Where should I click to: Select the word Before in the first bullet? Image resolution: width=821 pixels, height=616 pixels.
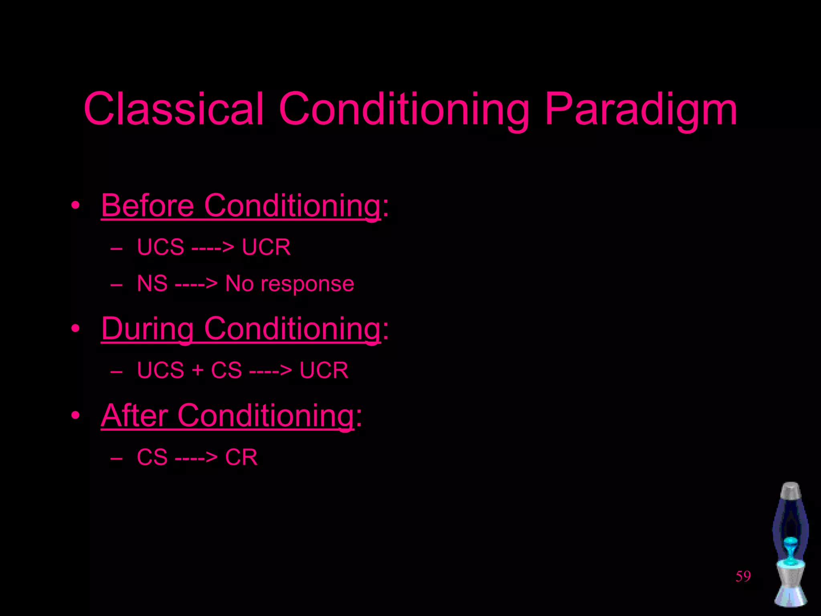click(x=148, y=206)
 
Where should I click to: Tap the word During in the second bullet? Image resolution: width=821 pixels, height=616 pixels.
click(x=148, y=329)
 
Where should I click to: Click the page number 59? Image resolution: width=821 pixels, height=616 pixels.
click(x=743, y=576)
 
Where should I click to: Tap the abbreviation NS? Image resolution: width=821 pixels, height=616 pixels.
click(x=152, y=284)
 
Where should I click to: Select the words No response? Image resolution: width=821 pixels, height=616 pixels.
click(x=289, y=284)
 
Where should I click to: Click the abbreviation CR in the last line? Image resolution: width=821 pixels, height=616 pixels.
click(x=241, y=457)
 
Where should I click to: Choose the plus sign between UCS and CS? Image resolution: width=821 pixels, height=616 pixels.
click(x=197, y=370)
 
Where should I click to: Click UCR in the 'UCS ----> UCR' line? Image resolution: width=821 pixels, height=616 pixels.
click(x=266, y=247)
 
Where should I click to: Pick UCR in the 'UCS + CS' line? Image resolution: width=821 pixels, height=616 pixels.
click(x=324, y=370)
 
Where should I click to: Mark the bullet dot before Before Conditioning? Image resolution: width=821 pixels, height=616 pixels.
click(x=75, y=206)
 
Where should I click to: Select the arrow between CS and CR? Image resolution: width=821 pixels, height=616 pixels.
click(x=196, y=458)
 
